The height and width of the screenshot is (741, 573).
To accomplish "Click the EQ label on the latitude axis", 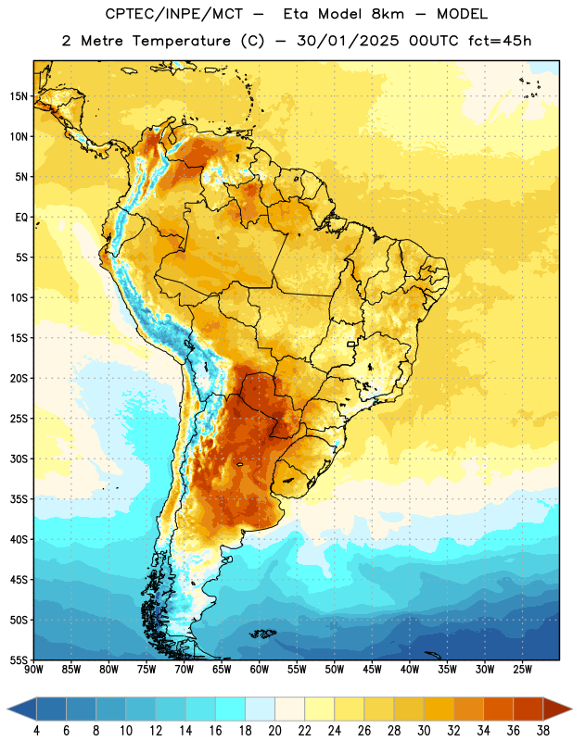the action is point(21,218).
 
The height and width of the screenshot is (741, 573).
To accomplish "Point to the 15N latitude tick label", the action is point(19,96).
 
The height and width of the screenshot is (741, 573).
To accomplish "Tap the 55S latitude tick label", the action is point(19,660).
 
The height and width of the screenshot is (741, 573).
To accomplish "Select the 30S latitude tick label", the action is point(19,458).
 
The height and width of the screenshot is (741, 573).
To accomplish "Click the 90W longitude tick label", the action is point(33,670).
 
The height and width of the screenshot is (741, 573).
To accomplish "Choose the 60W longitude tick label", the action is point(260,670).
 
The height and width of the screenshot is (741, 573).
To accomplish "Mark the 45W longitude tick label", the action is point(372,670).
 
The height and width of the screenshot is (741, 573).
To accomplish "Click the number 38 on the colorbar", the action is point(543,731).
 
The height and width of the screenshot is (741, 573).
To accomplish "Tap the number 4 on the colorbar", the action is point(36,731).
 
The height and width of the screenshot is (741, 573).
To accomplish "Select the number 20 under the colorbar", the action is point(274,731).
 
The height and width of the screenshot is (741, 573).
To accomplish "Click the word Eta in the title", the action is point(296,14).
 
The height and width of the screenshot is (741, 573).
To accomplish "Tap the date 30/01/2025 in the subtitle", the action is point(348,41).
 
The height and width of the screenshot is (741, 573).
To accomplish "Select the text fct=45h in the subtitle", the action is point(500,41).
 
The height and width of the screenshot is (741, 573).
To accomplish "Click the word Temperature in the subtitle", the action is point(181,42).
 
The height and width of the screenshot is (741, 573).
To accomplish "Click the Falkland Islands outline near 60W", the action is point(262,634).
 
